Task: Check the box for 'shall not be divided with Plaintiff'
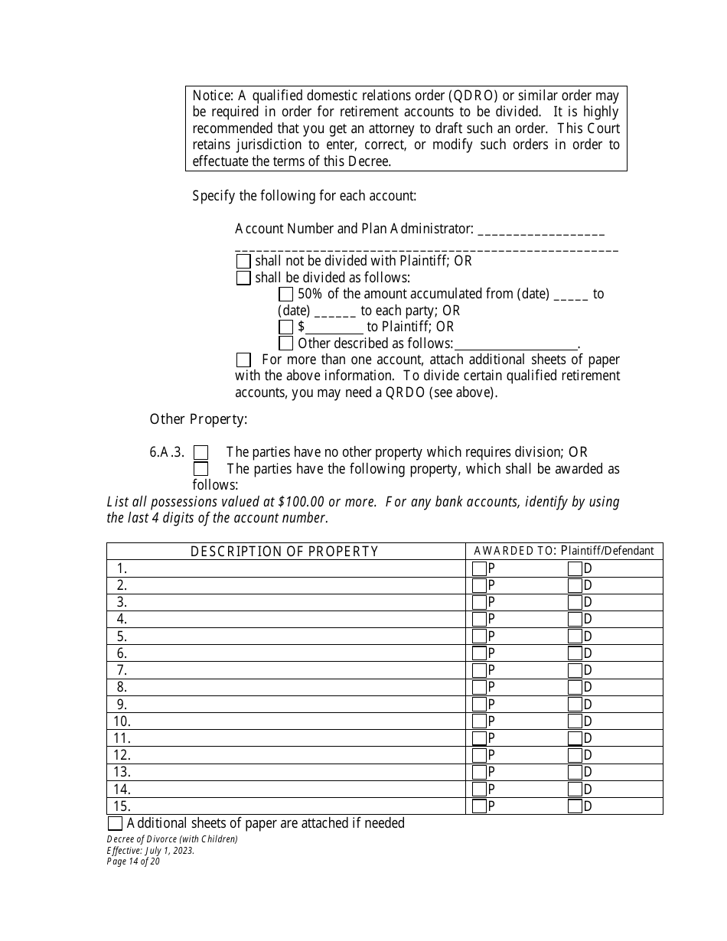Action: click(x=243, y=261)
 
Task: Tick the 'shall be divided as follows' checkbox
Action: click(x=243, y=278)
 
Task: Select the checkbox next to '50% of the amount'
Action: click(x=285, y=294)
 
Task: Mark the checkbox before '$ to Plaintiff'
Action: click(x=285, y=327)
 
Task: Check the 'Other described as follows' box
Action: click(x=285, y=344)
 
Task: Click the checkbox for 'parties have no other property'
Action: click(x=200, y=453)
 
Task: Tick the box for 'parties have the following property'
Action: click(x=200, y=469)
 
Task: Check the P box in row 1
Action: click(x=479, y=568)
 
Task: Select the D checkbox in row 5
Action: click(x=575, y=637)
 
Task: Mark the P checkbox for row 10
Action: click(x=479, y=721)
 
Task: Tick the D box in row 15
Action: click(x=575, y=806)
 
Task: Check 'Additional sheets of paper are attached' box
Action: click(x=115, y=823)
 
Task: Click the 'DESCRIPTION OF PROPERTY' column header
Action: click(x=285, y=552)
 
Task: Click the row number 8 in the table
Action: click(x=122, y=687)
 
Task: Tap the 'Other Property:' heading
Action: click(x=198, y=418)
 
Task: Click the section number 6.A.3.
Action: click(x=167, y=452)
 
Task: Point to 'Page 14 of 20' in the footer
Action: click(x=133, y=861)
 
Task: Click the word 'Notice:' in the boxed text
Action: click(x=212, y=96)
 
